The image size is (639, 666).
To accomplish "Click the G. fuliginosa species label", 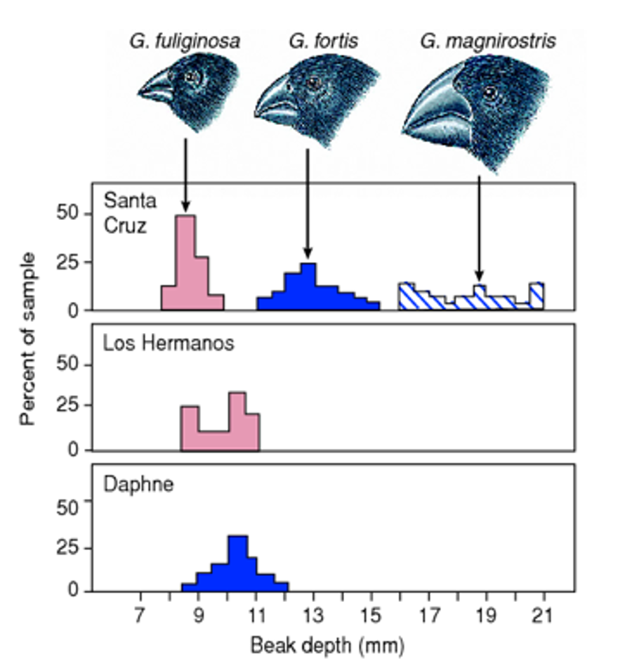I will (x=184, y=41).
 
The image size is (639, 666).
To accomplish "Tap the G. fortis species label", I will (x=323, y=41).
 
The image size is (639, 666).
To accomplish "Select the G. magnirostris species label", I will (x=488, y=41).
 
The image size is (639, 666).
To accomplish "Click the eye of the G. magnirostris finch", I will (x=490, y=92).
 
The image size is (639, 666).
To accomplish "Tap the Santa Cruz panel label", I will (x=130, y=213).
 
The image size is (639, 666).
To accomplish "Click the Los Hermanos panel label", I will (x=169, y=344).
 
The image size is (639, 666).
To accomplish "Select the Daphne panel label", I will (x=138, y=485).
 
